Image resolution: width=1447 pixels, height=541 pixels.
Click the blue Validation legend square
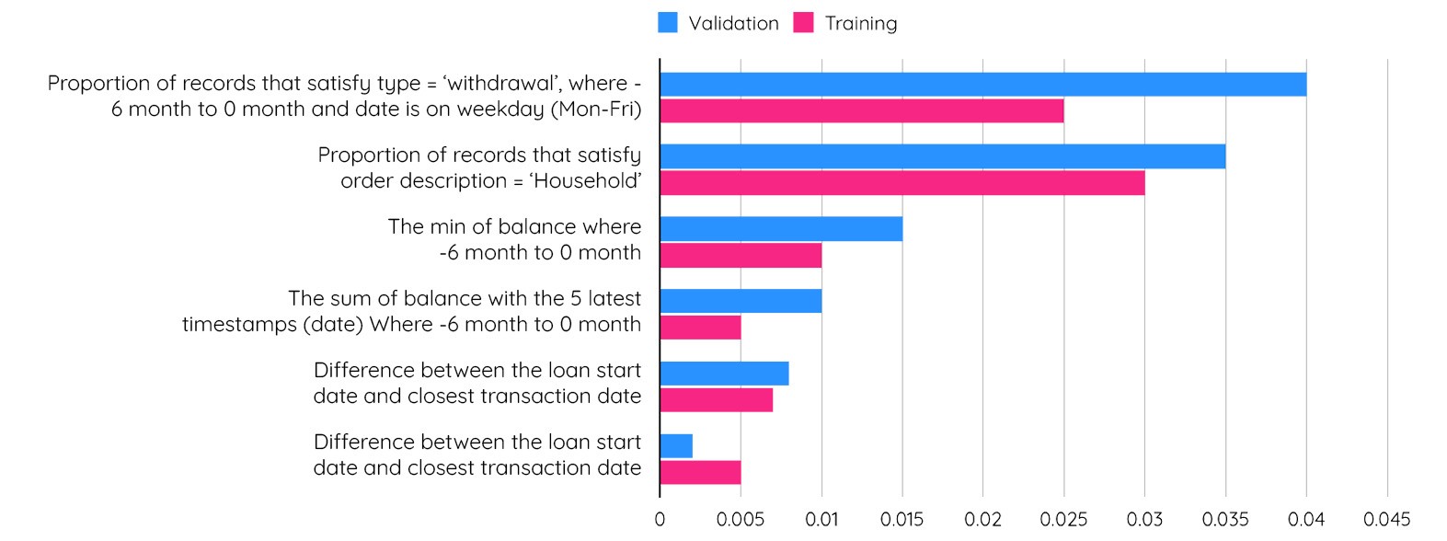(668, 23)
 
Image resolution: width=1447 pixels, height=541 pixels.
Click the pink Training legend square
(804, 23)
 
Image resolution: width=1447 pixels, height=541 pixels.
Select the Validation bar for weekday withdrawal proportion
(982, 85)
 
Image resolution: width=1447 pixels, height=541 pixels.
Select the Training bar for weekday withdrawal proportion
(861, 111)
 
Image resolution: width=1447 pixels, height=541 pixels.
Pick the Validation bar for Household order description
(942, 156)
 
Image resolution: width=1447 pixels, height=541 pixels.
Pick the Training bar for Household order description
(902, 183)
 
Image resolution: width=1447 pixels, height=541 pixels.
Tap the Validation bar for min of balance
(781, 228)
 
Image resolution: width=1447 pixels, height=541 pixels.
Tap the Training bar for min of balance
(741, 255)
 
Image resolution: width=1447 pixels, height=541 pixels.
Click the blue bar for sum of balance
(741, 300)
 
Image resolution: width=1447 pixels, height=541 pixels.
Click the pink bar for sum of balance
(700, 327)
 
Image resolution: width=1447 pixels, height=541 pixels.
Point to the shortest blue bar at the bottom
(676, 446)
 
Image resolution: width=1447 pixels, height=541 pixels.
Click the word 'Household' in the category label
(585, 181)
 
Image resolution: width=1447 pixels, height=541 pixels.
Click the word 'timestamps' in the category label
(239, 325)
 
